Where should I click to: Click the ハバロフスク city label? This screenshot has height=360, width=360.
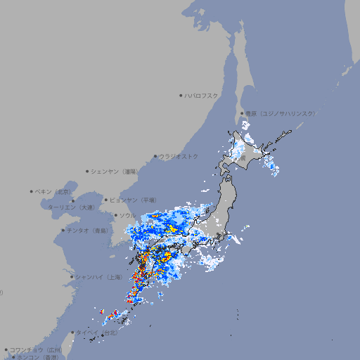pyautogui.click(x=201, y=96)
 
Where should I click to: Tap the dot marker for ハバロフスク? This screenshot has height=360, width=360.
pyautogui.click(x=181, y=96)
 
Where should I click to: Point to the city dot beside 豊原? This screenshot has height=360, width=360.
pyautogui.click(x=242, y=113)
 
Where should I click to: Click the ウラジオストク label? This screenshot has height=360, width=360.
pyautogui.click(x=179, y=156)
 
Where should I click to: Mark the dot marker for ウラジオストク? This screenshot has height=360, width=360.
pyautogui.click(x=155, y=156)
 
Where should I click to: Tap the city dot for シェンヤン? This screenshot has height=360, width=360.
pyautogui.click(x=88, y=171)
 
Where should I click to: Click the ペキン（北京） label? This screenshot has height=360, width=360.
pyautogui.click(x=54, y=191)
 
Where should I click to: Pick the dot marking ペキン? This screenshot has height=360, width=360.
pyautogui.click(x=32, y=191)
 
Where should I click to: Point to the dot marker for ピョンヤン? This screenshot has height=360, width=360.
pyautogui.click(x=106, y=200)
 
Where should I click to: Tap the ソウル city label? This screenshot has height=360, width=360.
pyautogui.click(x=127, y=215)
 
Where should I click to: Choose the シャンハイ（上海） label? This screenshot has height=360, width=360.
pyautogui.click(x=99, y=277)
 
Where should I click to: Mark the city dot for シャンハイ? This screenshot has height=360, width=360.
pyautogui.click(x=72, y=277)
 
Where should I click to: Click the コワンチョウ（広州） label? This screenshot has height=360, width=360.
pyautogui.click(x=36, y=349)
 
